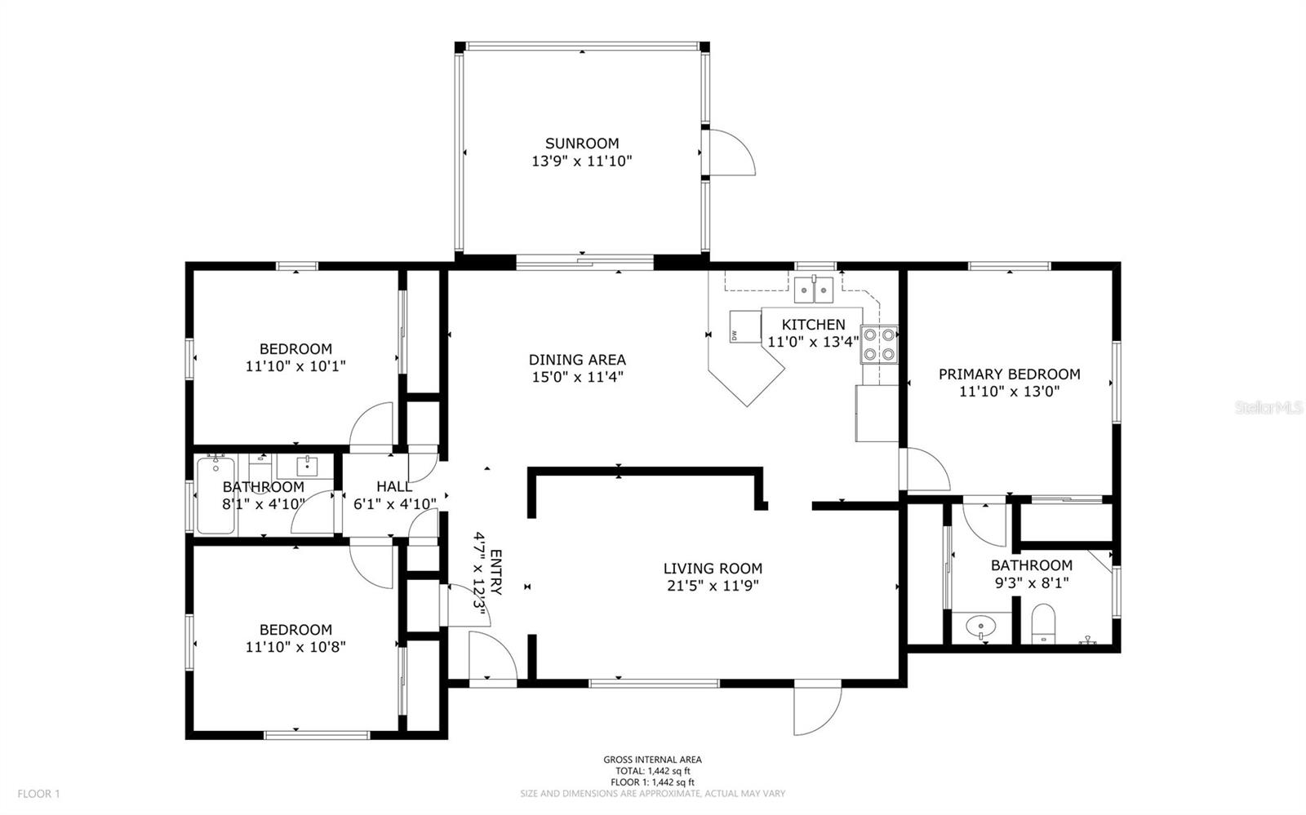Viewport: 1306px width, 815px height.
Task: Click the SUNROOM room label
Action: [582, 144]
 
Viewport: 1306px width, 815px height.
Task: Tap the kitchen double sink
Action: [813, 289]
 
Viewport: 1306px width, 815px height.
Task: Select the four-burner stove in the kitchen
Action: [878, 343]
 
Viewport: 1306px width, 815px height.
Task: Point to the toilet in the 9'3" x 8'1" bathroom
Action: [1043, 623]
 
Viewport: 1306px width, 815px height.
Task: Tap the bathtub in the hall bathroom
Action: [215, 495]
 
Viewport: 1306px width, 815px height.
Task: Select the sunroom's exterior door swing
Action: [731, 152]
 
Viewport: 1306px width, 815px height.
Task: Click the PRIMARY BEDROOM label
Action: [1009, 374]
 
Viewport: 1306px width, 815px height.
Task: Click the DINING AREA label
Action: [577, 360]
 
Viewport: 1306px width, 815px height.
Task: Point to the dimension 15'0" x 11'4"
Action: [577, 377]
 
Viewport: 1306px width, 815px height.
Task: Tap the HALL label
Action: [394, 487]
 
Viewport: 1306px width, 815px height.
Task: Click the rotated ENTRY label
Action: [495, 574]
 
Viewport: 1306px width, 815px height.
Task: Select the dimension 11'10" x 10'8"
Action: [295, 647]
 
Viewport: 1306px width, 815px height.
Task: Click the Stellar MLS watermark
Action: [1268, 407]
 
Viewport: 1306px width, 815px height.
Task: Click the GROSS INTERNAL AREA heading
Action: [652, 760]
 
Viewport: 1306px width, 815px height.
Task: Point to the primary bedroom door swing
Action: [926, 469]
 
